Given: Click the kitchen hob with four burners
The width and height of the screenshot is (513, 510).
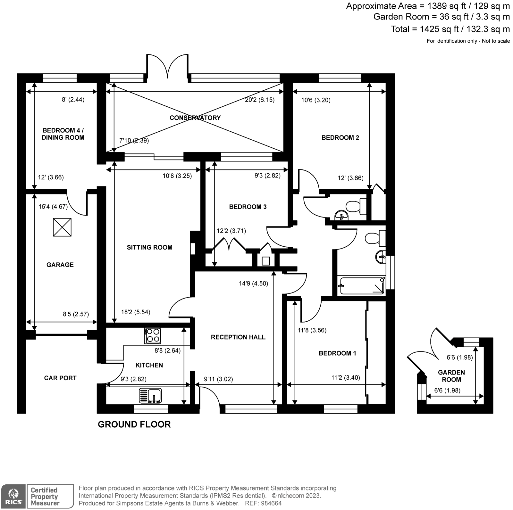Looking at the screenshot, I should click(153, 336).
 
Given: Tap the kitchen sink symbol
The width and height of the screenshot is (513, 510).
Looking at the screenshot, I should click(150, 395).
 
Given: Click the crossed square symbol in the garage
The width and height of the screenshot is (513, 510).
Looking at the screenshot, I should click(62, 227).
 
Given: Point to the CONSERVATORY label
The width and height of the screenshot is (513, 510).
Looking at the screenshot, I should click(195, 118).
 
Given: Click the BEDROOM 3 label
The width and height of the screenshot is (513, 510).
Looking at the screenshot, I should click(248, 207).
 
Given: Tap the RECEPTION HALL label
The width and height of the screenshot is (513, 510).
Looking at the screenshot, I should click(238, 337).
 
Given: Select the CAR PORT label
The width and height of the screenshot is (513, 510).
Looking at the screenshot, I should click(60, 378).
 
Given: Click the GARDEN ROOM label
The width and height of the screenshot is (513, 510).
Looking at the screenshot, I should click(451, 376).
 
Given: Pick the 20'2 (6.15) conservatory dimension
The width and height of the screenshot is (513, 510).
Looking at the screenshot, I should click(259, 100).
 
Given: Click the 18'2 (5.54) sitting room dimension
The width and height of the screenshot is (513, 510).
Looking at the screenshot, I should click(136, 312).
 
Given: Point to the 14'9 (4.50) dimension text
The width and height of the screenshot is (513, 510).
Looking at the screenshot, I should click(253, 283).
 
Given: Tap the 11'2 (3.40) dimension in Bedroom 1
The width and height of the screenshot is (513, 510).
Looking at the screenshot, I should click(345, 378).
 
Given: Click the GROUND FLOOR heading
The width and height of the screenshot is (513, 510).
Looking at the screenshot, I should click(134, 424).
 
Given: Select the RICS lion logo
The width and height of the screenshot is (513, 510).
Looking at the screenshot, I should click(13, 496).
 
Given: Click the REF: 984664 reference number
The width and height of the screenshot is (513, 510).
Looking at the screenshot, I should click(263, 503).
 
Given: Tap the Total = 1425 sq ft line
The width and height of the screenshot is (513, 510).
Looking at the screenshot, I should click(450, 29).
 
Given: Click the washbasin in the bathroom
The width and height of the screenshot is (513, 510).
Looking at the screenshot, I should click(381, 257).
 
